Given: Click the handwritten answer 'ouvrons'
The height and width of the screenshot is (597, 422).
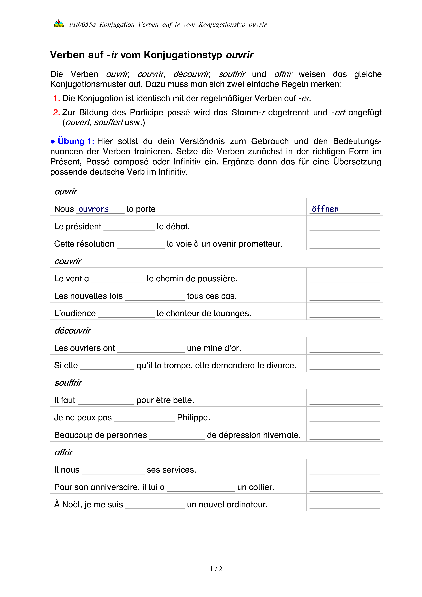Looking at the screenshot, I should pos(94,209).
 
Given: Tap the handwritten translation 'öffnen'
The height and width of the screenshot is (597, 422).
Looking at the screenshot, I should pos(325,209).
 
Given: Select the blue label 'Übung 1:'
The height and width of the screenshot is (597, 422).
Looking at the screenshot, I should pos(76,141).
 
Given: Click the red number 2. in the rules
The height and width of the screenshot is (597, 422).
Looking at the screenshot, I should pos(56,112).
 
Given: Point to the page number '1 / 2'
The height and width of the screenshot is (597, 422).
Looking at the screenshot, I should pos(216,569).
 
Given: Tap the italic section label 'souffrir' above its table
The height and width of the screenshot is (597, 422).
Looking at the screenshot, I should pos(68,383).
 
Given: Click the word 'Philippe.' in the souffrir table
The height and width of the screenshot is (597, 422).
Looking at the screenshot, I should pos(193,418).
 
